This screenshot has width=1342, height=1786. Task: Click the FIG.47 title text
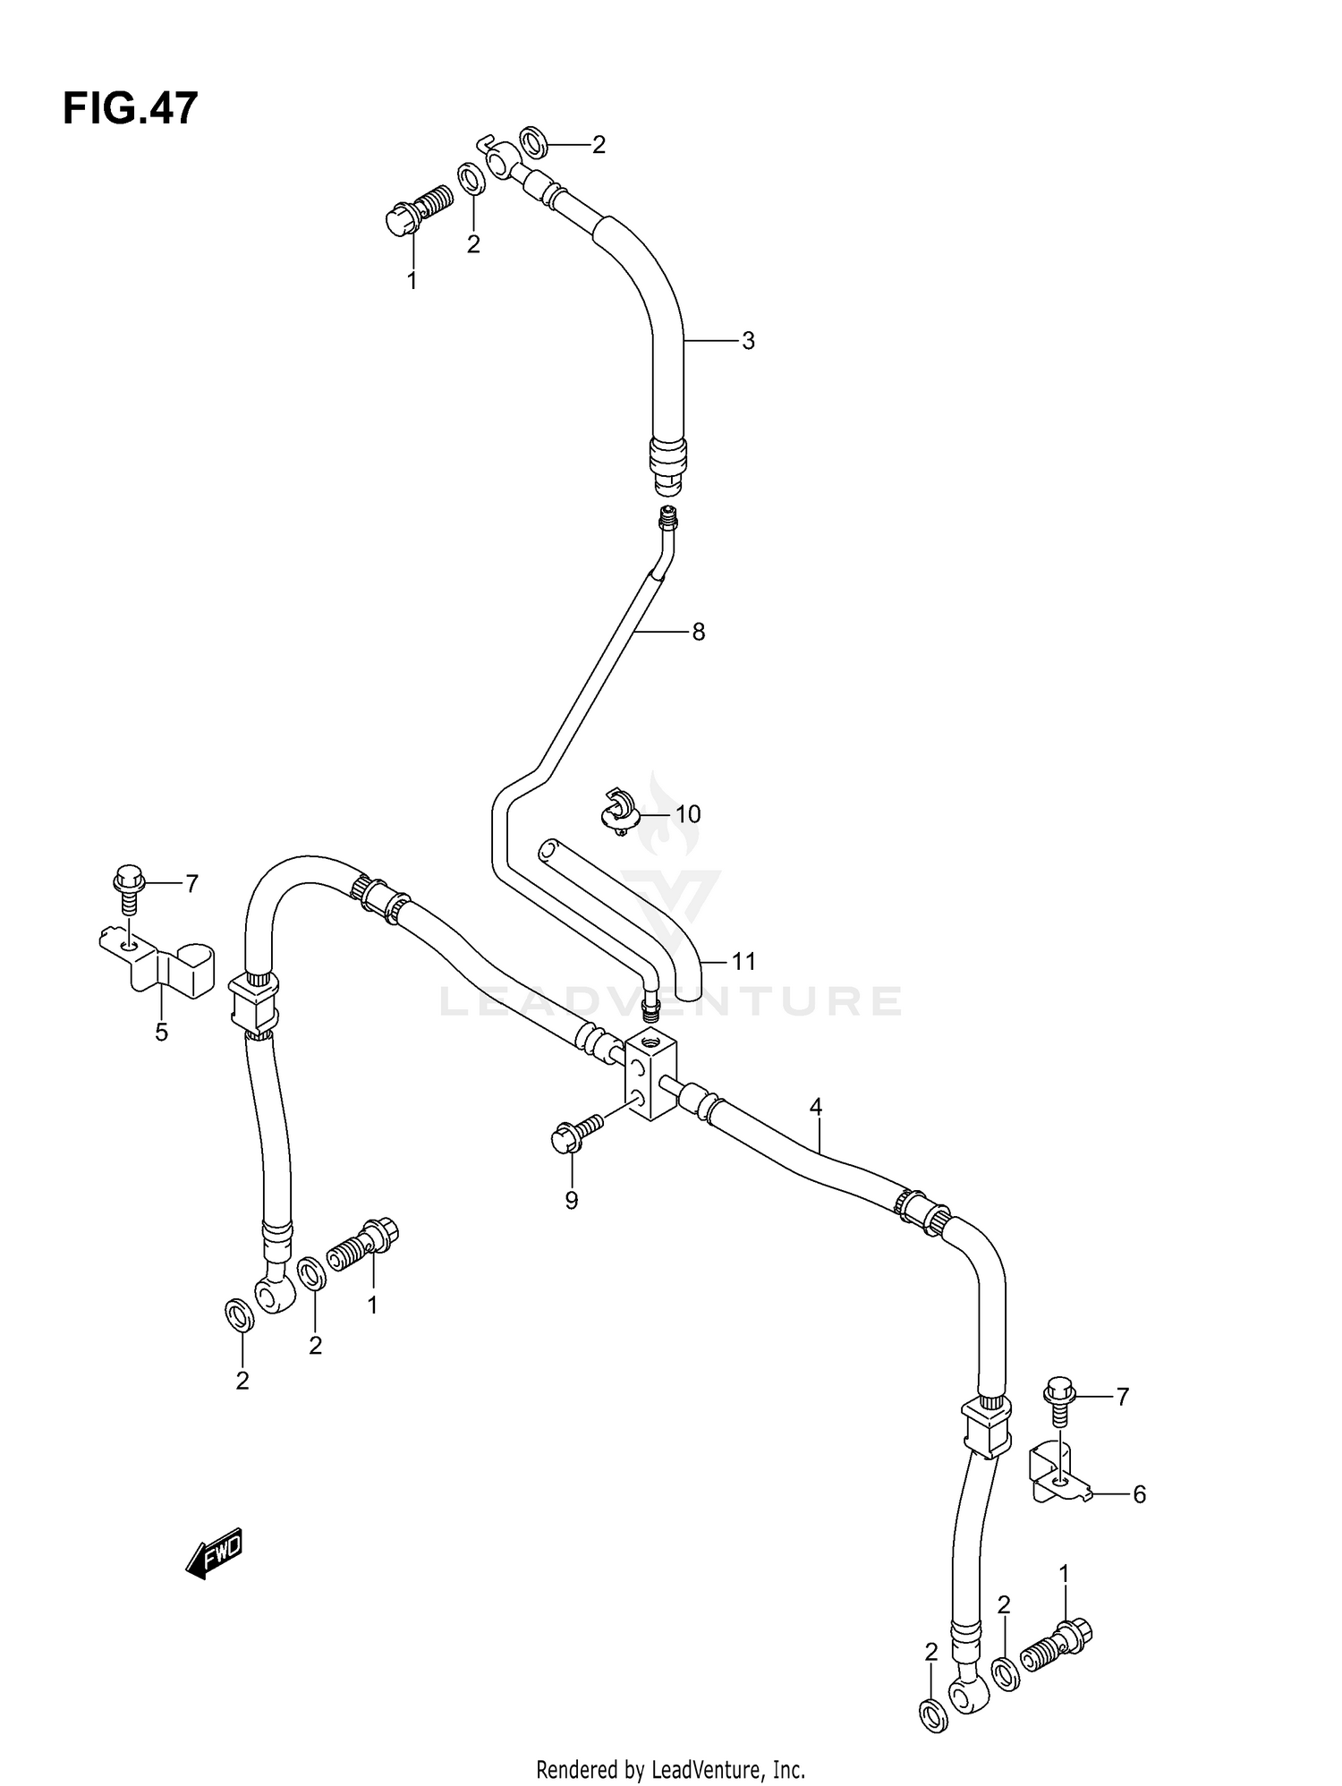pos(130,109)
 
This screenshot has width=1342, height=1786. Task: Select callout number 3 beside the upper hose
pos(748,341)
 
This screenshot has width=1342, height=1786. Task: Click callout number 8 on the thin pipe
pos(698,633)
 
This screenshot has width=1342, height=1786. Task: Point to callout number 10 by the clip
pos(687,814)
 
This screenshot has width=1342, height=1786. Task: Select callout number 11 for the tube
pos(743,962)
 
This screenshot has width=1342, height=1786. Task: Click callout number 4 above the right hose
pos(815,1107)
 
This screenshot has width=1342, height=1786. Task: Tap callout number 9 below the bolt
pos(572,1201)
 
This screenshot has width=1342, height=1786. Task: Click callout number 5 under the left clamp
pos(161,1033)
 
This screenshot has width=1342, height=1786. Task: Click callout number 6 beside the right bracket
pos(1139,1494)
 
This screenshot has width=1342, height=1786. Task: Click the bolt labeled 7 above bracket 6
pos(1058,1396)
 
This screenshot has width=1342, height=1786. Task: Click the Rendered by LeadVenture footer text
pos(670,1769)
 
